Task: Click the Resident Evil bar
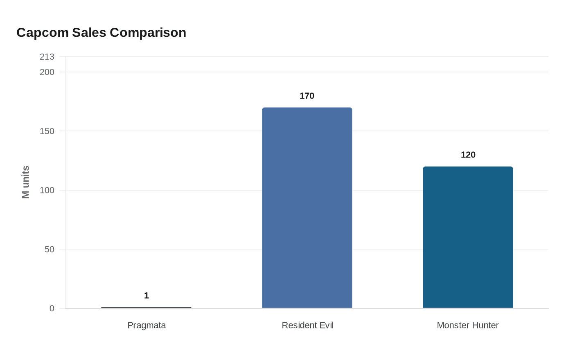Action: click(x=307, y=208)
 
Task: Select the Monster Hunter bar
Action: click(x=468, y=237)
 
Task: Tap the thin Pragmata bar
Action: click(x=146, y=308)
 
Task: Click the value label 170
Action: click(x=307, y=96)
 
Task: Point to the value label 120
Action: click(x=468, y=155)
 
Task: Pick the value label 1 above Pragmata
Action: click(x=147, y=295)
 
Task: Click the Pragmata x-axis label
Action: click(x=147, y=325)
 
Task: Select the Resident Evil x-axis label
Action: click(x=307, y=325)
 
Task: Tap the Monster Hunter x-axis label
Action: click(x=468, y=325)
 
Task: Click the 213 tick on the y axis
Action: click(x=47, y=57)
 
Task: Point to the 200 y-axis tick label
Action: click(x=47, y=72)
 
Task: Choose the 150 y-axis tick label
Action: click(x=47, y=131)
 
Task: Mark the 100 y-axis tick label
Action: click(x=47, y=190)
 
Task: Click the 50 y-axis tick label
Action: click(x=50, y=249)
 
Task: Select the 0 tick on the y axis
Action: click(x=52, y=308)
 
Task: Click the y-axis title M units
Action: click(x=25, y=182)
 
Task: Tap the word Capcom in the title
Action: click(x=43, y=33)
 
